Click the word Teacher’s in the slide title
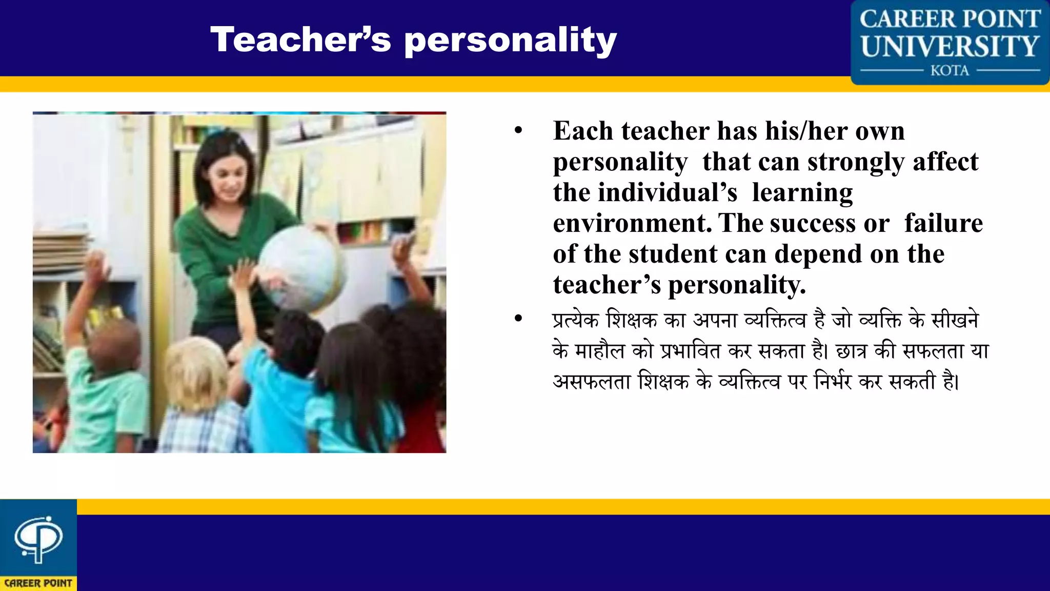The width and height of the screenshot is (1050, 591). tap(300, 40)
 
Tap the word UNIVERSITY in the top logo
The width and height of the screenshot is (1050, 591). tap(950, 47)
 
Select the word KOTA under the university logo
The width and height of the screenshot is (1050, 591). tap(950, 70)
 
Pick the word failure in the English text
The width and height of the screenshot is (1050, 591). tap(943, 224)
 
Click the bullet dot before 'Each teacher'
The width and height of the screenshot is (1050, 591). tap(518, 131)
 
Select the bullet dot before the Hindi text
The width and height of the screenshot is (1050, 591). tap(518, 319)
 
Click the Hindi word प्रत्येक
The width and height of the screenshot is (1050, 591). tap(575, 321)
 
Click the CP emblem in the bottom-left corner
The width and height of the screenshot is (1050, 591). tap(38, 539)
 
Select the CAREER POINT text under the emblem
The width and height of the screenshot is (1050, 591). tap(38, 583)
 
